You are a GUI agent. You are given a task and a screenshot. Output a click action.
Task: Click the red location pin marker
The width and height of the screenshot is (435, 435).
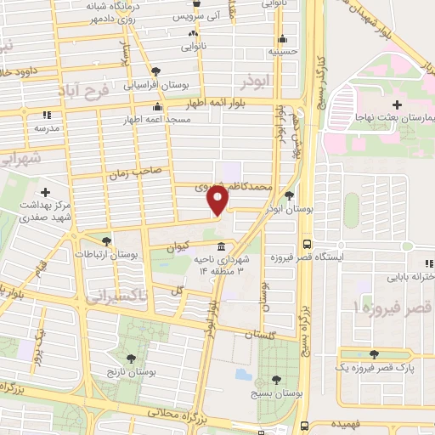click(x=218, y=201)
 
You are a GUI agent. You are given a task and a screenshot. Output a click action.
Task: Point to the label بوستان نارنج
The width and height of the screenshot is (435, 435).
click(x=132, y=373)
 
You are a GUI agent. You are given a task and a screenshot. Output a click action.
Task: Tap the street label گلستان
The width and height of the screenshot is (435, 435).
click(x=251, y=333)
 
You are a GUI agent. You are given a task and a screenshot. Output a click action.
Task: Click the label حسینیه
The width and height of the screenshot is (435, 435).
click(x=283, y=51)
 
